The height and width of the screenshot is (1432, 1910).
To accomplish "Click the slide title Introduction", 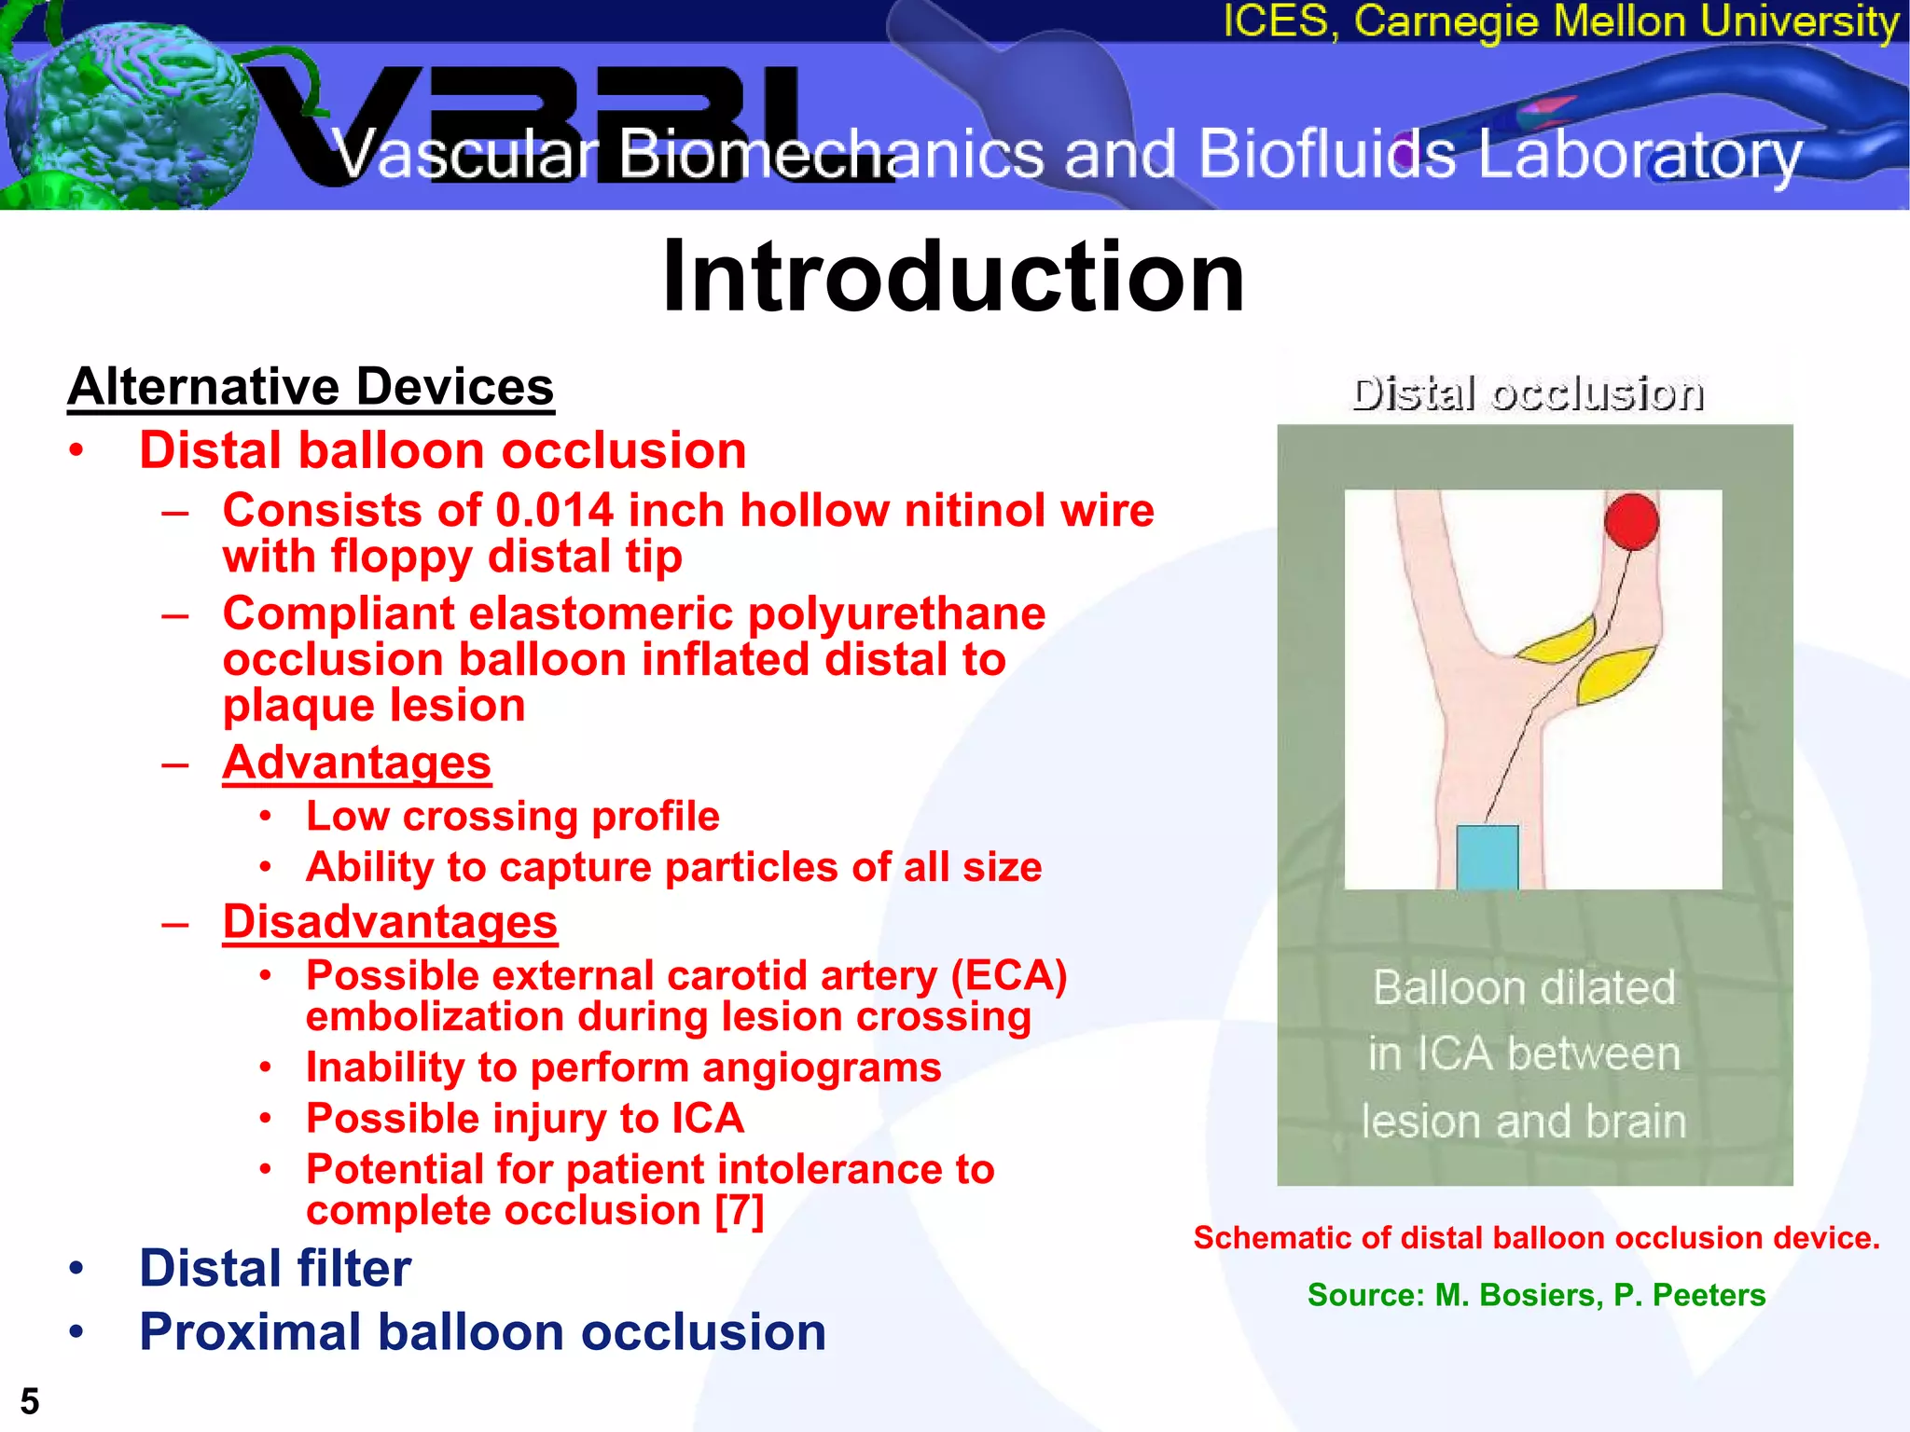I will point(953,277).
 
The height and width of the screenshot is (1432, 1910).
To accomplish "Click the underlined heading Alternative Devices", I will point(311,387).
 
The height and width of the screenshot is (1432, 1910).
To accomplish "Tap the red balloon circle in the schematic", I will point(1631,521).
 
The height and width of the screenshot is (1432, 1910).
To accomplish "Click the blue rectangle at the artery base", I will point(1488,857).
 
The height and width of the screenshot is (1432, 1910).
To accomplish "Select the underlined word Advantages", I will point(356,763).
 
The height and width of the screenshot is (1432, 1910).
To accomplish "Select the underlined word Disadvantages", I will point(390,922).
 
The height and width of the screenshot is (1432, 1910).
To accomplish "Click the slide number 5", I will point(30,1401).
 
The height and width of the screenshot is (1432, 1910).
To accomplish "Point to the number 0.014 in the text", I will point(554,511).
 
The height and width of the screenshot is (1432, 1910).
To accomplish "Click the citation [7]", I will point(740,1211).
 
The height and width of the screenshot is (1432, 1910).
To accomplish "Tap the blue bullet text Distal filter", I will point(275,1268).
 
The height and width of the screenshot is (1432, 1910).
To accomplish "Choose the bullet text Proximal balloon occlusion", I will point(482,1331).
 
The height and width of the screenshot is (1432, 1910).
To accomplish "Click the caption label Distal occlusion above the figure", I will point(1528,393).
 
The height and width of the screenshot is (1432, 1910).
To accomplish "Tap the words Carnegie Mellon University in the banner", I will point(1626,21).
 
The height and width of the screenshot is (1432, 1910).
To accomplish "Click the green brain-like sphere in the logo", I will point(121,107).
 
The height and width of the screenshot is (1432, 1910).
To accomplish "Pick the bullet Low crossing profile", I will point(513,817).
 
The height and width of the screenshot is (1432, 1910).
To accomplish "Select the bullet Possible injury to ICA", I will point(525,1119).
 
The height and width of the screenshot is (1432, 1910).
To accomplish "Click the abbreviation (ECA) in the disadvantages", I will point(1008,976).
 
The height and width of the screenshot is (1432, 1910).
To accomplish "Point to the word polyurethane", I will point(896,614).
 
